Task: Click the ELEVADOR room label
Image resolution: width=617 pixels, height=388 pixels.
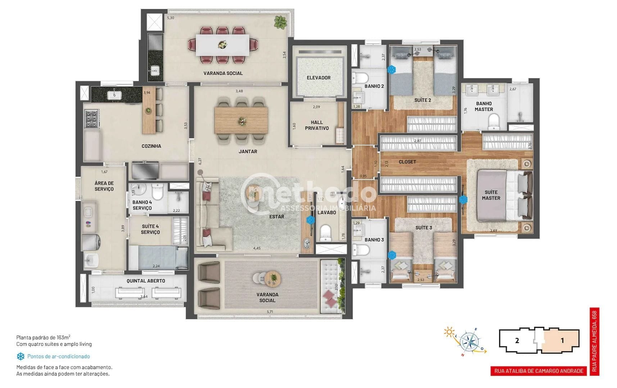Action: tap(318, 78)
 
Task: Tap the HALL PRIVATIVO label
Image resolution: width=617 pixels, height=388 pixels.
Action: tap(317, 125)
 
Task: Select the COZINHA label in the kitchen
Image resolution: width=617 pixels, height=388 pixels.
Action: tap(151, 146)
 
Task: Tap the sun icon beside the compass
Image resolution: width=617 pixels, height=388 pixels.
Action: tap(449, 332)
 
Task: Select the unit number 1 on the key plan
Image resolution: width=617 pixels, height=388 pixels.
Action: tap(562, 340)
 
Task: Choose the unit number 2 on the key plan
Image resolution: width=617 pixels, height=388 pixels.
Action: tap(517, 340)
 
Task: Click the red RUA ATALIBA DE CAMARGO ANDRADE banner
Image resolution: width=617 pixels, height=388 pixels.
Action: tap(539, 371)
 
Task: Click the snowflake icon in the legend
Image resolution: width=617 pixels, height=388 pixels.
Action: tap(21, 356)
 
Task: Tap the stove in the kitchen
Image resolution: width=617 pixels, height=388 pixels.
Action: tap(91, 119)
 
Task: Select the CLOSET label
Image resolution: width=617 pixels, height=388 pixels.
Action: tap(407, 162)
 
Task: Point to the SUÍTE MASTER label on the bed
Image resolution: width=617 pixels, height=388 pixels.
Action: tap(491, 195)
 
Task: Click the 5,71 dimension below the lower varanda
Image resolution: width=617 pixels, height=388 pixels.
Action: tap(270, 311)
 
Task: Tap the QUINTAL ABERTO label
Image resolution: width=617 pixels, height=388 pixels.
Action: tap(146, 281)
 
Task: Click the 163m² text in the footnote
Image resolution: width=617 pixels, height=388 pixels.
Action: tap(63, 337)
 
